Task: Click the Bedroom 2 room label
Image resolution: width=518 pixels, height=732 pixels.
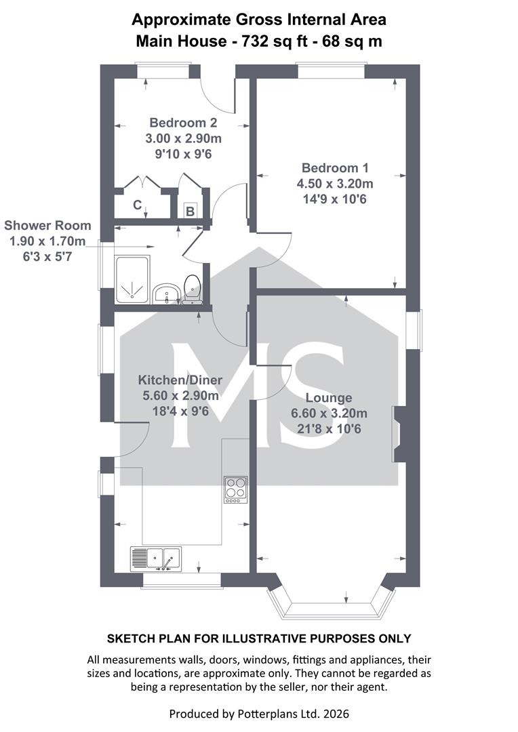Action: [183, 123]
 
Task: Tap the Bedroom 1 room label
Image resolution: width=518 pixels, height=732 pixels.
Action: [335, 167]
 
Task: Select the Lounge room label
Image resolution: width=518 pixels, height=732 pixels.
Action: [329, 398]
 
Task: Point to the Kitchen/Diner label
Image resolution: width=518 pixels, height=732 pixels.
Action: [180, 380]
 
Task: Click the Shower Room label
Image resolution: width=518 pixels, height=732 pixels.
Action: [47, 226]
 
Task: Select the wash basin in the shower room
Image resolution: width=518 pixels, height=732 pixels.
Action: [166, 293]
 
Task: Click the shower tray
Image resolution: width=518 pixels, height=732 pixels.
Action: [132, 280]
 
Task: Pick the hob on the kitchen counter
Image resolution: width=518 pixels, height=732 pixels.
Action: [235, 489]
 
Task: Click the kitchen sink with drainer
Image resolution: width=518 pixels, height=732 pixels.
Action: [156, 558]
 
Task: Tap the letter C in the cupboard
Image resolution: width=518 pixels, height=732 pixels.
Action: [138, 205]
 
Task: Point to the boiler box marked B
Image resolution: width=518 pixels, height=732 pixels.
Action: [190, 211]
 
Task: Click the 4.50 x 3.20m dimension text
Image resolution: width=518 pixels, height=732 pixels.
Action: [335, 184]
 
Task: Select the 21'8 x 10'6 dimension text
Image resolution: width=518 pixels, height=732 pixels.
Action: [329, 429]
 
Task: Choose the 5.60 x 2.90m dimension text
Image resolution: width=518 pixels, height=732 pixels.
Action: [180, 396]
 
